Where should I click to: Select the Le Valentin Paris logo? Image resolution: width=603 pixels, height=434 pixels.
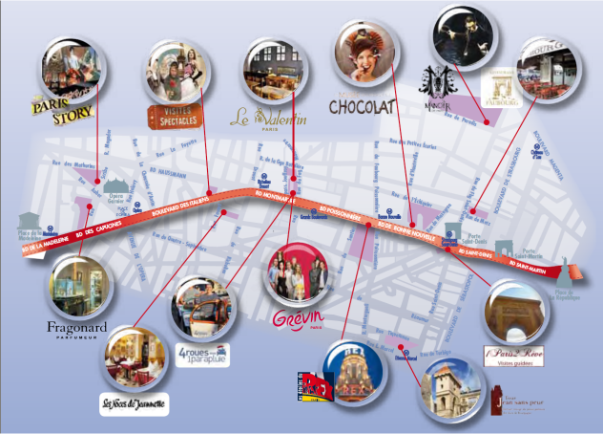[269, 118]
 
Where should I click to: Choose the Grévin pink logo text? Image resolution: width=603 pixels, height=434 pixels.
[298, 316]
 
